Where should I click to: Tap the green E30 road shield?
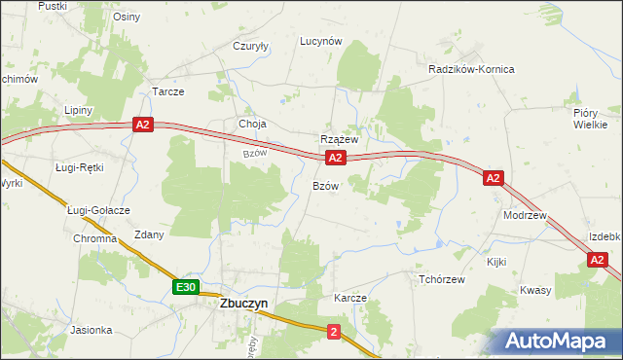point(187,287)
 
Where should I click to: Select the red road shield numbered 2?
point(334,333)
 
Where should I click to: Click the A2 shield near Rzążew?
point(335,157)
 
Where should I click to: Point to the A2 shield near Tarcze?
point(143,125)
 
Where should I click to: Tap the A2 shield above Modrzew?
point(494,177)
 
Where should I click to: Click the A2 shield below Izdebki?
point(598,259)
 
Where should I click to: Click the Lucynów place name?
point(321,41)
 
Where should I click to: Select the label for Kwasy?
point(535,290)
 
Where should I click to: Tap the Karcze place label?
point(349,298)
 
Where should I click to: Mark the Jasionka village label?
point(92,330)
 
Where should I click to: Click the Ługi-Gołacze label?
point(98,210)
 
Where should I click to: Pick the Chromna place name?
point(94,238)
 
